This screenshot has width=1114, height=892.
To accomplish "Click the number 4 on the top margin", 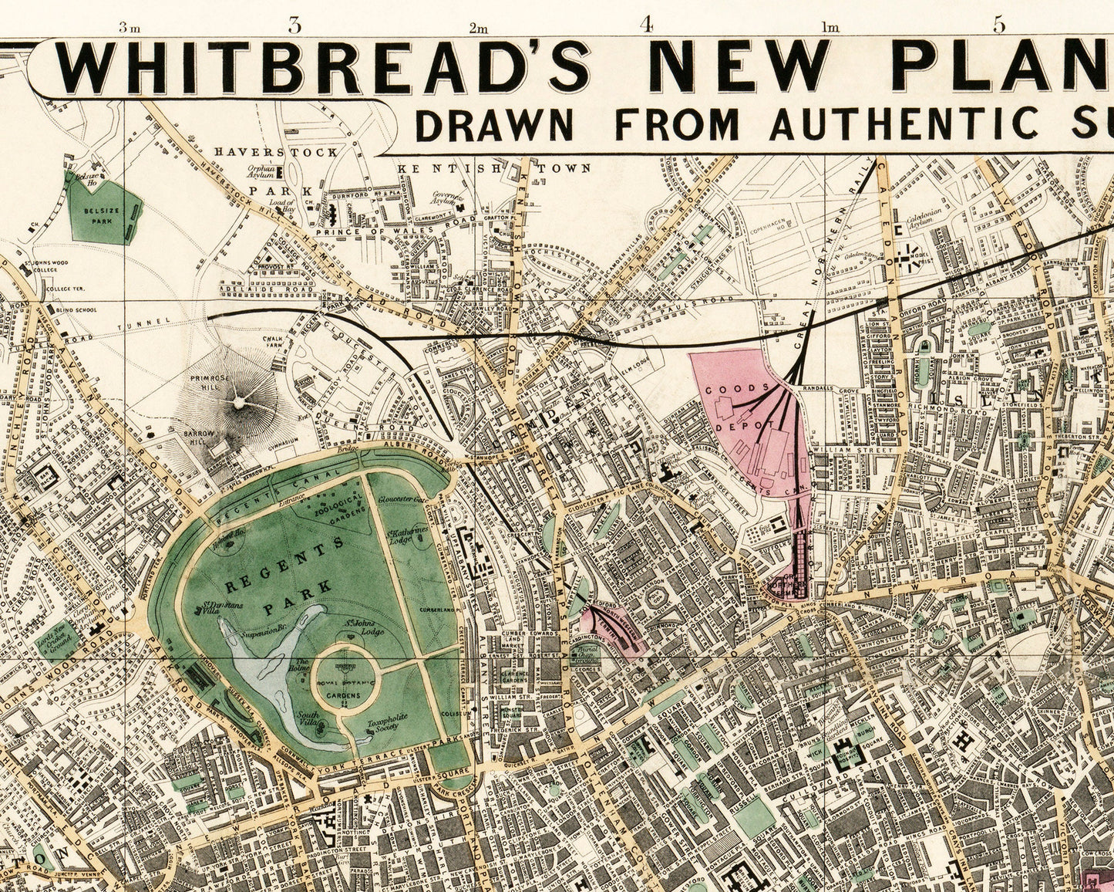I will click(646, 24).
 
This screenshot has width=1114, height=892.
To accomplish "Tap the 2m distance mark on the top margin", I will click(478, 29).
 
